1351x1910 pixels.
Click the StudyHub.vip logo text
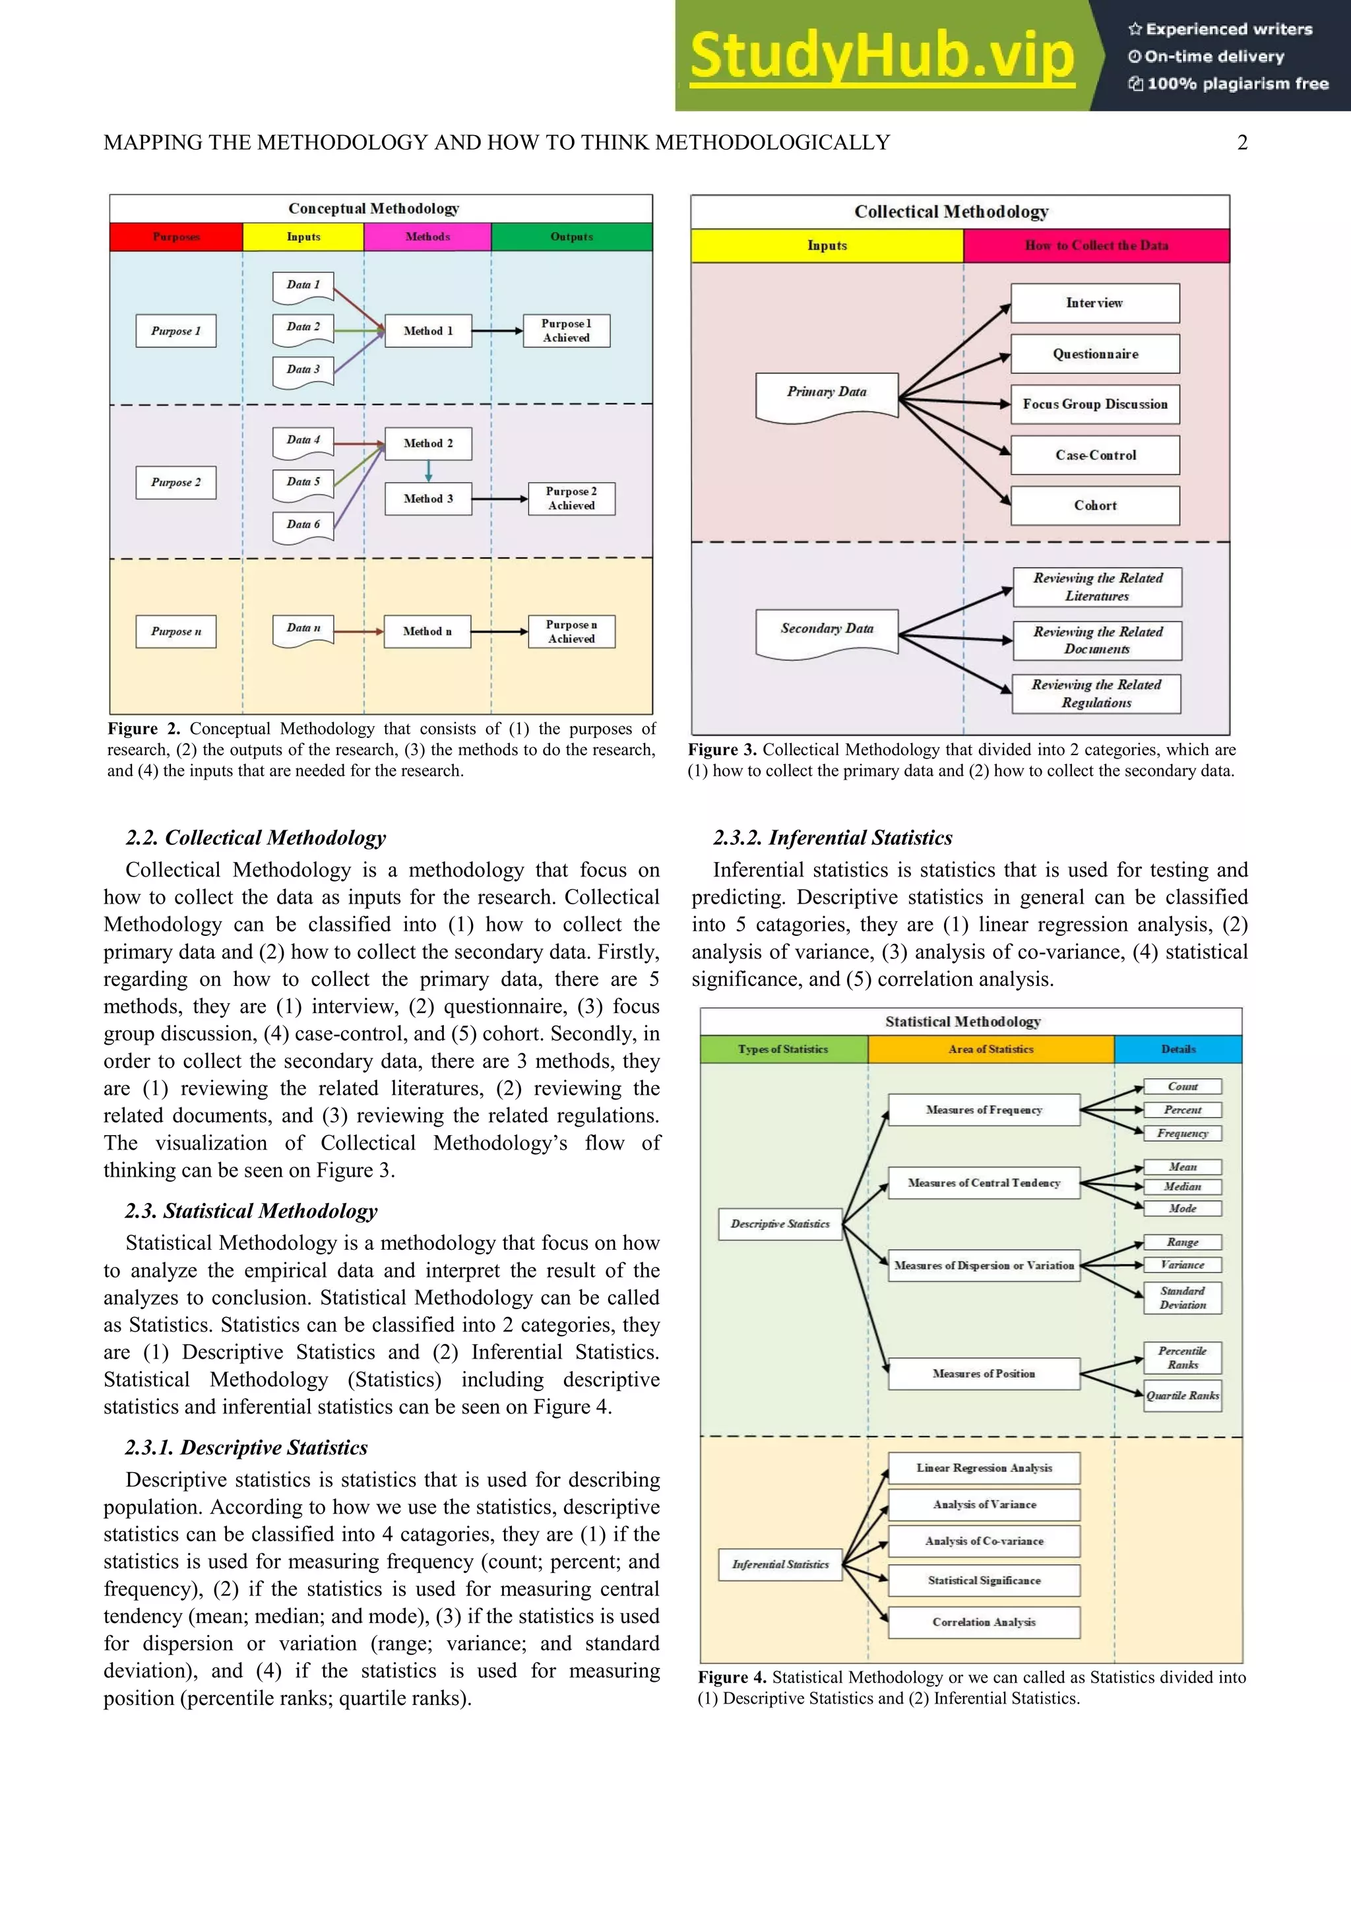click(x=882, y=56)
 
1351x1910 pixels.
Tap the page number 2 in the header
click(x=1242, y=142)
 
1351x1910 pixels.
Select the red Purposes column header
click(x=176, y=236)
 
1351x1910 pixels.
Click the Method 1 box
click(x=428, y=330)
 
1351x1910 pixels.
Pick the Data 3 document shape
click(x=303, y=370)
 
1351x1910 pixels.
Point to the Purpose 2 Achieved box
click(x=571, y=499)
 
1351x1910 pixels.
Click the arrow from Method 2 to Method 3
click(x=428, y=472)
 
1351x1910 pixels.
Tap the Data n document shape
click(x=303, y=629)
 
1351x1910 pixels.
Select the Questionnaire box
click(x=1095, y=354)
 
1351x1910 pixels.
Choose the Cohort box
click(x=1095, y=505)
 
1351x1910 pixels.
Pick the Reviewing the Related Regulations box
click(x=1096, y=693)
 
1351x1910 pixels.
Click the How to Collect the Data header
click(x=1096, y=245)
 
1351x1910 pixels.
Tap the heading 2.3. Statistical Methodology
click(x=251, y=1210)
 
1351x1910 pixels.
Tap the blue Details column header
click(x=1178, y=1049)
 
